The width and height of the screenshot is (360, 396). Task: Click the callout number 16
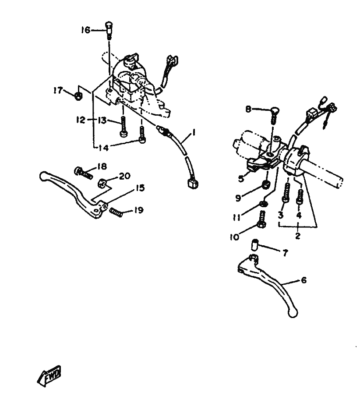(x=85, y=30)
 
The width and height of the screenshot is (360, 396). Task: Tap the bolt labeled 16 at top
(x=109, y=30)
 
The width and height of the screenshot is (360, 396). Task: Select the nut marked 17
(x=78, y=96)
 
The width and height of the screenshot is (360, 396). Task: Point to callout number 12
(x=81, y=120)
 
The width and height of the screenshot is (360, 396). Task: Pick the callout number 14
(x=103, y=148)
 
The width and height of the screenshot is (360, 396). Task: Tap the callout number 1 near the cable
(x=194, y=132)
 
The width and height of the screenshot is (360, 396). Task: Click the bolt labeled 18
(x=83, y=173)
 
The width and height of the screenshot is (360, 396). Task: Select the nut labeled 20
(x=102, y=183)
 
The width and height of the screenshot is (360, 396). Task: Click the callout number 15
(x=140, y=188)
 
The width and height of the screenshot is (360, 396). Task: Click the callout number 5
(x=241, y=179)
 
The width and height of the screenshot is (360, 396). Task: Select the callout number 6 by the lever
(x=304, y=280)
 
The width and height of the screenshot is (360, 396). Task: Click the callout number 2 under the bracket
(x=298, y=236)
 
